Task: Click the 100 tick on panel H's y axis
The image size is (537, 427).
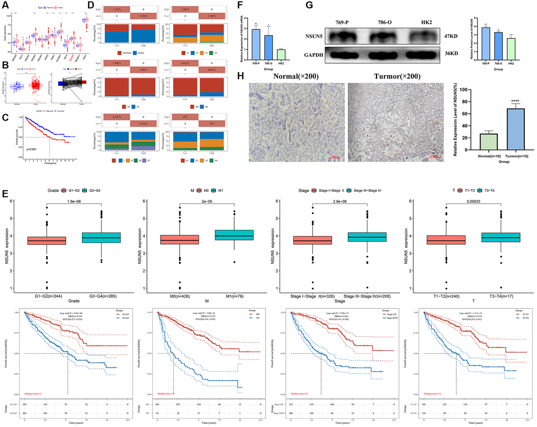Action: [x=463, y=89]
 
